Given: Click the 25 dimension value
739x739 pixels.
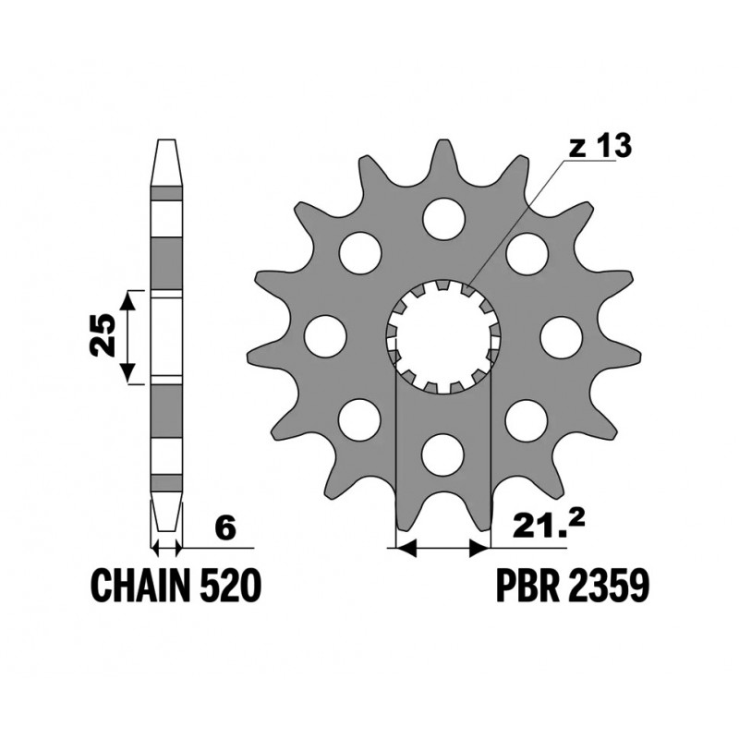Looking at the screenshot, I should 103,336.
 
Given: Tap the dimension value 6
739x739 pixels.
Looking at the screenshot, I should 225,527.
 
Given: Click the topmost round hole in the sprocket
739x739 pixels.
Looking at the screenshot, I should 443,218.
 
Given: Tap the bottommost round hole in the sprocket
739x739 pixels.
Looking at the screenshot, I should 443,455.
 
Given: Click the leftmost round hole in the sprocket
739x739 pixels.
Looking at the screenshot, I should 324,336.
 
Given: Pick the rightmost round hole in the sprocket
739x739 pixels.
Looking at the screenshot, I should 561,337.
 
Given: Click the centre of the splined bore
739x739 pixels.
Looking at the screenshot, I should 443,337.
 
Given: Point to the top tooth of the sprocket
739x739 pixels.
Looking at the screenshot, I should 444,157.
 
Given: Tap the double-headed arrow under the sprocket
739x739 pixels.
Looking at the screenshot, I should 442,549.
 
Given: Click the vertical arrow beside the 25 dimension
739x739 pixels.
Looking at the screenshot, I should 131,336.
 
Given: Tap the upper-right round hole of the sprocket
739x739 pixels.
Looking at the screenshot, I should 527,253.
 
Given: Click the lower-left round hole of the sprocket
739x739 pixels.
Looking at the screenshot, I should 358,420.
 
